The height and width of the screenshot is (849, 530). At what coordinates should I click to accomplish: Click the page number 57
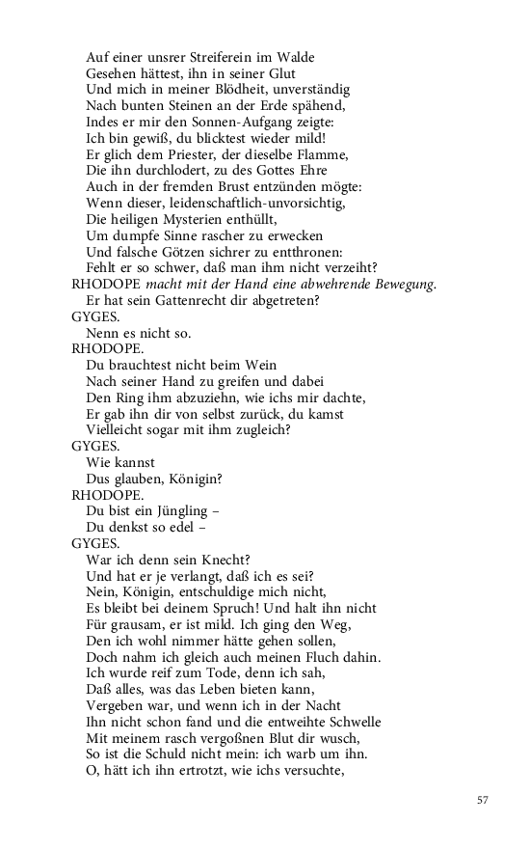[484, 800]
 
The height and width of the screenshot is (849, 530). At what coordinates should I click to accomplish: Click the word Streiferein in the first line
[212, 57]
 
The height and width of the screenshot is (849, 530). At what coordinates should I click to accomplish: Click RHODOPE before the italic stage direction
[106, 286]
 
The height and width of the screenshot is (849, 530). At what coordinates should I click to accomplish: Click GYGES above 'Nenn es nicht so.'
[95, 317]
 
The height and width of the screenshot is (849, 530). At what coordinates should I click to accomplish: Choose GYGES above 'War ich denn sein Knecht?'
[95, 543]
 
